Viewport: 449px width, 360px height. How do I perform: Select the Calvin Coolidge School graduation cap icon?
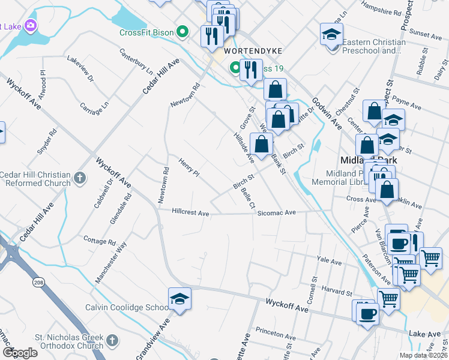[x=179, y=298]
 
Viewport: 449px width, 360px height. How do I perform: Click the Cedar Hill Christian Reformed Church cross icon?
[x=79, y=177]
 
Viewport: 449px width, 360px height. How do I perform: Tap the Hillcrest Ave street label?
[x=190, y=212]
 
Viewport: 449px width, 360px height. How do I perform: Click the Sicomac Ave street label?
[x=277, y=212]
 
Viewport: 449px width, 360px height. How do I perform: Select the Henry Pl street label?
[x=188, y=166]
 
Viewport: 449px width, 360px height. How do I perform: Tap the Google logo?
[x=20, y=352]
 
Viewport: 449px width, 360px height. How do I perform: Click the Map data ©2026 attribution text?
[x=423, y=355]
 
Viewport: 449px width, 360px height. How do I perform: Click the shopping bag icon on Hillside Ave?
[x=262, y=144]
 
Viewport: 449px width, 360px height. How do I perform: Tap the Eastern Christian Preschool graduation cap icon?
[x=331, y=34]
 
